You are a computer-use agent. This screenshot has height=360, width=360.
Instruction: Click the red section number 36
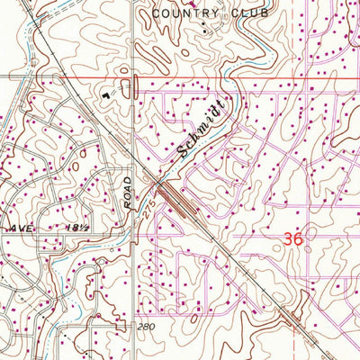[x=292, y=239]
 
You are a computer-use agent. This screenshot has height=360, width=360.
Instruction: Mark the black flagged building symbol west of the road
[x=107, y=92]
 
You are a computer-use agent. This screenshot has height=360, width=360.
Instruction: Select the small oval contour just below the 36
[x=303, y=261]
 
